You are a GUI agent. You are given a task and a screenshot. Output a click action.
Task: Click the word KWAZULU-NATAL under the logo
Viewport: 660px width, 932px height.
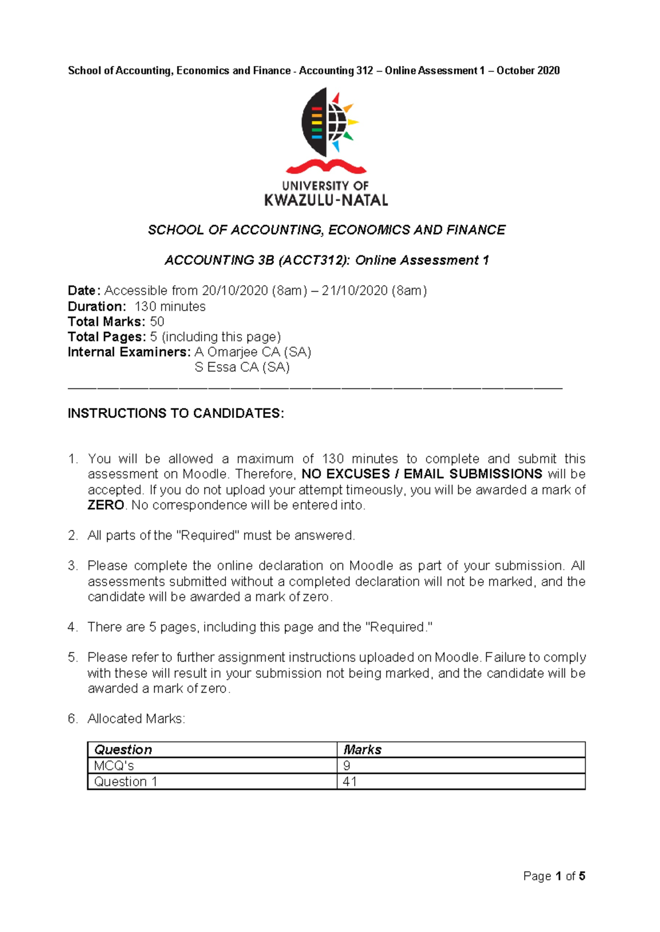click(326, 201)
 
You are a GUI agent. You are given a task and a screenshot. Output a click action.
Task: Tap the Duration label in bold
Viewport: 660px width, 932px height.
click(97, 307)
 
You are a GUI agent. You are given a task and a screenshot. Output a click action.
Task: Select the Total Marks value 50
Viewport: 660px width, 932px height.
click(157, 322)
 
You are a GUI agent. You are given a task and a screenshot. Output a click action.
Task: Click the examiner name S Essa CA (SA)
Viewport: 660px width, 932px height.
click(242, 367)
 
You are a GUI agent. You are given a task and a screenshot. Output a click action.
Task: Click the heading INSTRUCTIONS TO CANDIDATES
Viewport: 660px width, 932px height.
click(175, 413)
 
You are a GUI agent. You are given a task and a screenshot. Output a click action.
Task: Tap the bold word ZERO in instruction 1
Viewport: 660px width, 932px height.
click(106, 505)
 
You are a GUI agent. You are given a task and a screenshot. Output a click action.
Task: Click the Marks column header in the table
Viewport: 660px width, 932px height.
click(362, 750)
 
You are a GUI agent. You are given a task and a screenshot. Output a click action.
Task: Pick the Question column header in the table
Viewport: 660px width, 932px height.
click(123, 750)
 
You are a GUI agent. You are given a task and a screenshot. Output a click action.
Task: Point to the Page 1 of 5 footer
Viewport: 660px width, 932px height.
click(554, 876)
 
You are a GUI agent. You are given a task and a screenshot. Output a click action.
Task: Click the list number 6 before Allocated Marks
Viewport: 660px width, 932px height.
click(72, 719)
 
